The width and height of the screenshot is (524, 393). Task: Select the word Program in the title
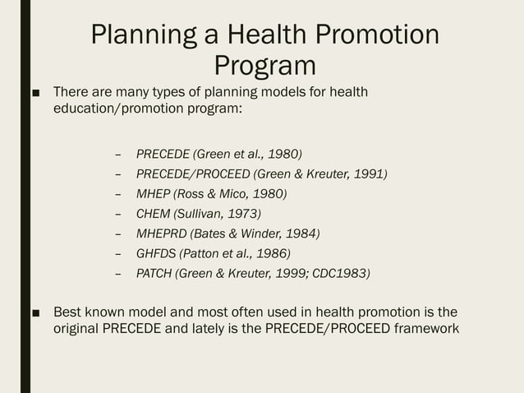click(264, 64)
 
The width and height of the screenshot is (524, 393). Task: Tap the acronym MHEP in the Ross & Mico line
click(154, 194)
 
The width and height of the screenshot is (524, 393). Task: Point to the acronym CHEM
click(154, 214)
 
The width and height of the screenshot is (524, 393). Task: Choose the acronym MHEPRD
click(161, 233)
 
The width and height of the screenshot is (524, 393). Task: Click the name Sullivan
click(200, 214)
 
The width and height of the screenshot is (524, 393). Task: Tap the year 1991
click(368, 173)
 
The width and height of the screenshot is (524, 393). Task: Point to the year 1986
click(271, 253)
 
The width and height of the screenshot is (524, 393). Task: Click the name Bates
click(209, 233)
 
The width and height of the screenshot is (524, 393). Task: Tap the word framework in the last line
click(421, 330)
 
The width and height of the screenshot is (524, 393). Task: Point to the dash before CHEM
click(119, 214)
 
